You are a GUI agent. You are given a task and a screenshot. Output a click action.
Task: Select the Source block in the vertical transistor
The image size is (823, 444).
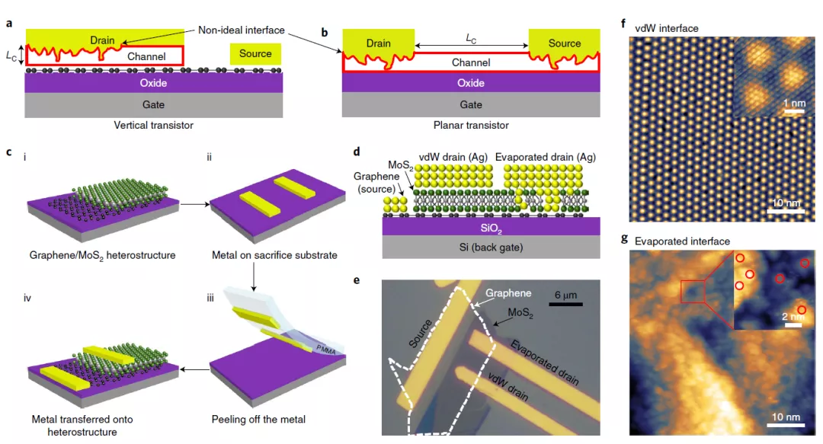(255, 53)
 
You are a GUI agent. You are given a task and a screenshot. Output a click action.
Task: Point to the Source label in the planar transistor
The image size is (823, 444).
(565, 43)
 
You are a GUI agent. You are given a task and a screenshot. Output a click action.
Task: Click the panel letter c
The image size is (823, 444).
(8, 152)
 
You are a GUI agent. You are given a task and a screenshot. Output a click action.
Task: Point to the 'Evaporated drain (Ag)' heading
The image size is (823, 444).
(546, 157)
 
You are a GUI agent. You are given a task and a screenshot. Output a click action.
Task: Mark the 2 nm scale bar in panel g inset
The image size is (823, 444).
(796, 324)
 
